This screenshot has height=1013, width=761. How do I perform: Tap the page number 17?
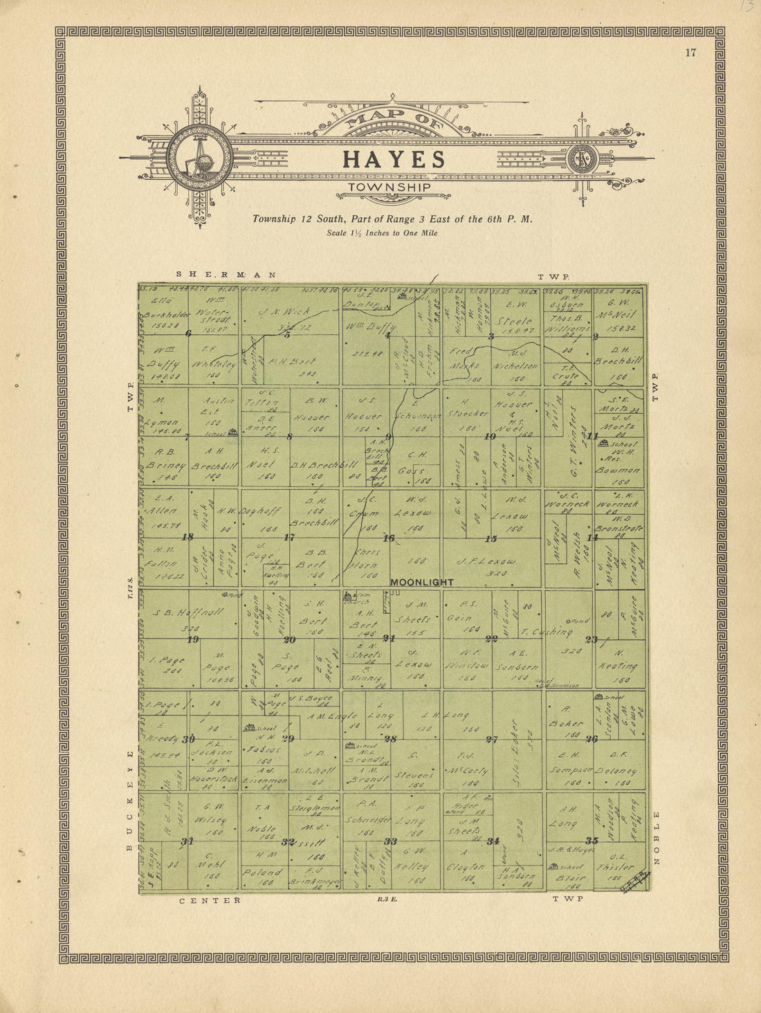pos(690,53)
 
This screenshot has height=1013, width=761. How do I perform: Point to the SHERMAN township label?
pos(226,275)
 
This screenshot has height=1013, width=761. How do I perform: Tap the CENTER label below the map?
pos(210,900)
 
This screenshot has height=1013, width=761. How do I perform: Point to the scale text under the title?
pos(382,233)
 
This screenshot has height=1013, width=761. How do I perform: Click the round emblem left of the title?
pos(200,158)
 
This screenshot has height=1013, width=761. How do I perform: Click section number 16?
pos(389,538)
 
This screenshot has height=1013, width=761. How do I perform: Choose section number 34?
pos(493,841)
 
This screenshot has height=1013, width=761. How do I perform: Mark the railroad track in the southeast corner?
pos(636,880)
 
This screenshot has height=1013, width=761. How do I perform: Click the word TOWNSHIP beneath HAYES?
pos(389,187)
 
